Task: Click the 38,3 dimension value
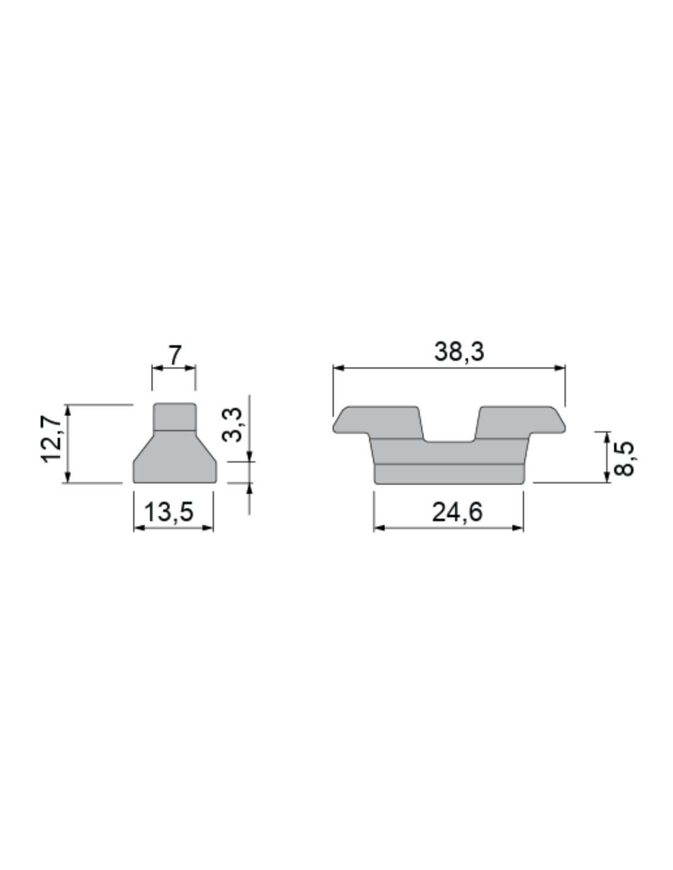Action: coord(459,352)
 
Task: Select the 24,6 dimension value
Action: coord(457,512)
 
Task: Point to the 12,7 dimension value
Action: coord(51,439)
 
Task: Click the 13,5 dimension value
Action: coord(168,512)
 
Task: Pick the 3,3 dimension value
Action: coord(232,425)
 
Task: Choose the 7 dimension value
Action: coord(175,355)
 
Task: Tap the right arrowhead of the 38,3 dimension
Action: coord(560,368)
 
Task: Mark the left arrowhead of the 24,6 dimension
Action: coord(379,528)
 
